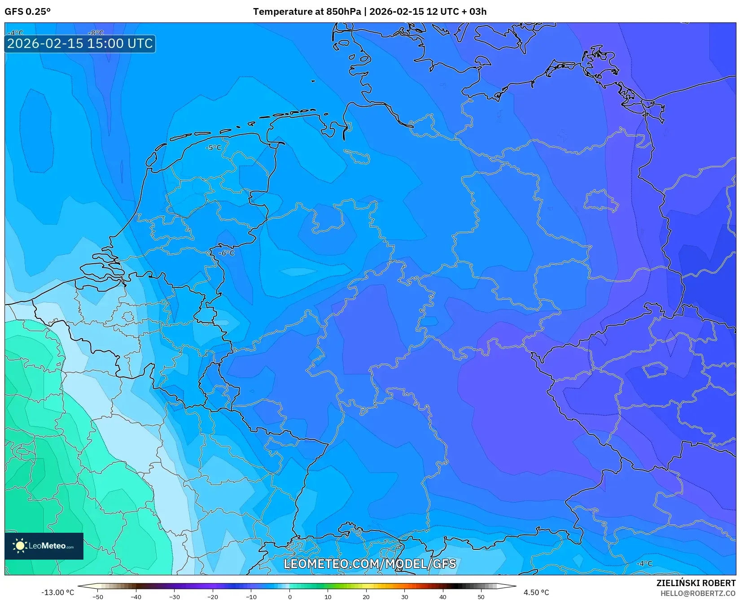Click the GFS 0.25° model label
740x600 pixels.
click(27, 12)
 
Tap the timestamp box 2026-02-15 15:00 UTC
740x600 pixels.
click(80, 44)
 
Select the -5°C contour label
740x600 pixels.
click(214, 148)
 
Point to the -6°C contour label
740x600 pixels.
click(226, 253)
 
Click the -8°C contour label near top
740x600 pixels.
click(96, 33)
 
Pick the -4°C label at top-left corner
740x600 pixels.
click(15, 33)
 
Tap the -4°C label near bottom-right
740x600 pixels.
click(644, 564)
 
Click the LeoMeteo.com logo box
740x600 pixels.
click(44, 546)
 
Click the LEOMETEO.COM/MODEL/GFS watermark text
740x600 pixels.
click(370, 564)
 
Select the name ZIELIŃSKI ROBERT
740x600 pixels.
click(696, 583)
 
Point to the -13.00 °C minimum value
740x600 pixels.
click(57, 592)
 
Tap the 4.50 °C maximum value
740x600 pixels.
click(536, 592)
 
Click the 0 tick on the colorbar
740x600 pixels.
click(289, 597)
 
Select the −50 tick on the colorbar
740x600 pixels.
click(97, 597)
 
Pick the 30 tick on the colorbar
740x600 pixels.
click(405, 597)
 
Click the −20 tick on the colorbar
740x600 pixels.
click(213, 597)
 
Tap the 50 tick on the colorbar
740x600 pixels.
click(481, 597)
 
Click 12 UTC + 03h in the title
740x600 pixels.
click(456, 12)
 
